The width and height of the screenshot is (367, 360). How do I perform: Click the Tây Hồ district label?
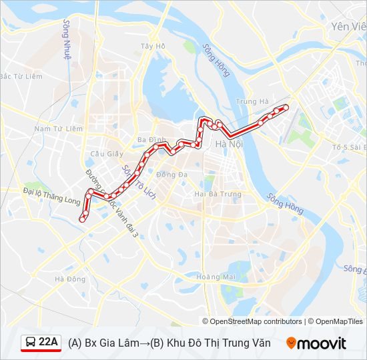click(x=152, y=46)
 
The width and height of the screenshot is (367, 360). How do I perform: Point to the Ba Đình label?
click(x=151, y=139)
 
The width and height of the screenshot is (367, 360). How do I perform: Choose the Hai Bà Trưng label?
click(x=217, y=194)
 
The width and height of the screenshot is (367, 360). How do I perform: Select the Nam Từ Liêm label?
click(x=58, y=128)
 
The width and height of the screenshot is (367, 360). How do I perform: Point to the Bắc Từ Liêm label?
click(x=21, y=77)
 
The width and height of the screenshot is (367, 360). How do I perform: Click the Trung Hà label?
click(x=252, y=102)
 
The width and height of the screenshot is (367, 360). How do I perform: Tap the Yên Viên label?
click(x=348, y=27)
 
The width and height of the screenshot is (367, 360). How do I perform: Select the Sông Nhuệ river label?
click(x=67, y=39)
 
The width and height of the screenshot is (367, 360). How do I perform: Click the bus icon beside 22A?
click(x=31, y=343)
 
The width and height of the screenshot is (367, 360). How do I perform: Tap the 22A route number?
click(x=48, y=343)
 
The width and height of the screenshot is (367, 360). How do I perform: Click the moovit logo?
click(x=316, y=343)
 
